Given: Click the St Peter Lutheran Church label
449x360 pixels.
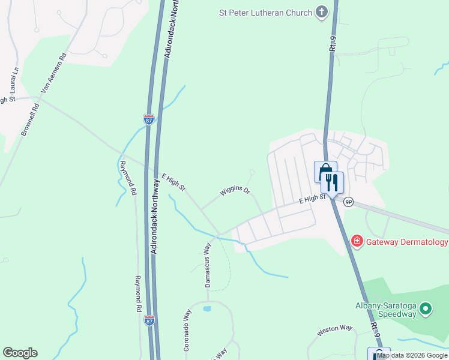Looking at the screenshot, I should coord(265,13).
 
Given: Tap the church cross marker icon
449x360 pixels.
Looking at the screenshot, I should coord(322,12).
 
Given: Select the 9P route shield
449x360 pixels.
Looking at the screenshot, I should coord(348,202).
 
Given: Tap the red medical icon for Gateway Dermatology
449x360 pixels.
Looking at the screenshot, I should coord(357,241).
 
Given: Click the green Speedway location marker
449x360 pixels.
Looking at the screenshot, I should coord(426,310).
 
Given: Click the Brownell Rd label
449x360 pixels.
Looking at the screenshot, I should coord(30,119).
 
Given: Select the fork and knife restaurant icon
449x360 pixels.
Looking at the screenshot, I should coord(332,182).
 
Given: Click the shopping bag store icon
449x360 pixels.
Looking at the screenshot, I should coord(325,171).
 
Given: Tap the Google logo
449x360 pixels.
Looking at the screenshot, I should coord(20,353).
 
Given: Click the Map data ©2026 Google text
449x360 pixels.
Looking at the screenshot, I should coord(412,355).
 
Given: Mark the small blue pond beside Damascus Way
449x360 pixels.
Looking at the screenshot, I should coord(207,309).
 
